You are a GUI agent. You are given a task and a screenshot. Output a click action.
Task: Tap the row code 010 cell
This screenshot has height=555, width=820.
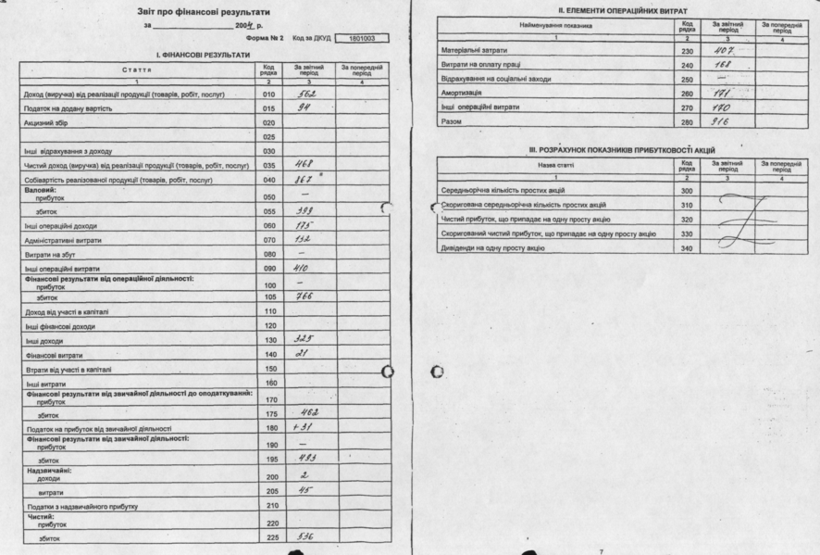tap(268, 95)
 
